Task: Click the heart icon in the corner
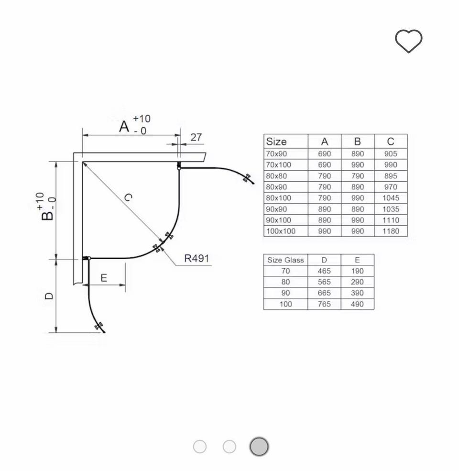[408, 41]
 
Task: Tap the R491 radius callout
[197, 258]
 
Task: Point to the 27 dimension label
[196, 137]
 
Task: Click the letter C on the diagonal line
[128, 197]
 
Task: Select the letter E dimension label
[104, 278]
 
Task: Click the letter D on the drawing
[49, 296]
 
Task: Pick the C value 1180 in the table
[391, 231]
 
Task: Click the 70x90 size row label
[276, 154]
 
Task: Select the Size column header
[276, 142]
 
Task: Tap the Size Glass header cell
[285, 260]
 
